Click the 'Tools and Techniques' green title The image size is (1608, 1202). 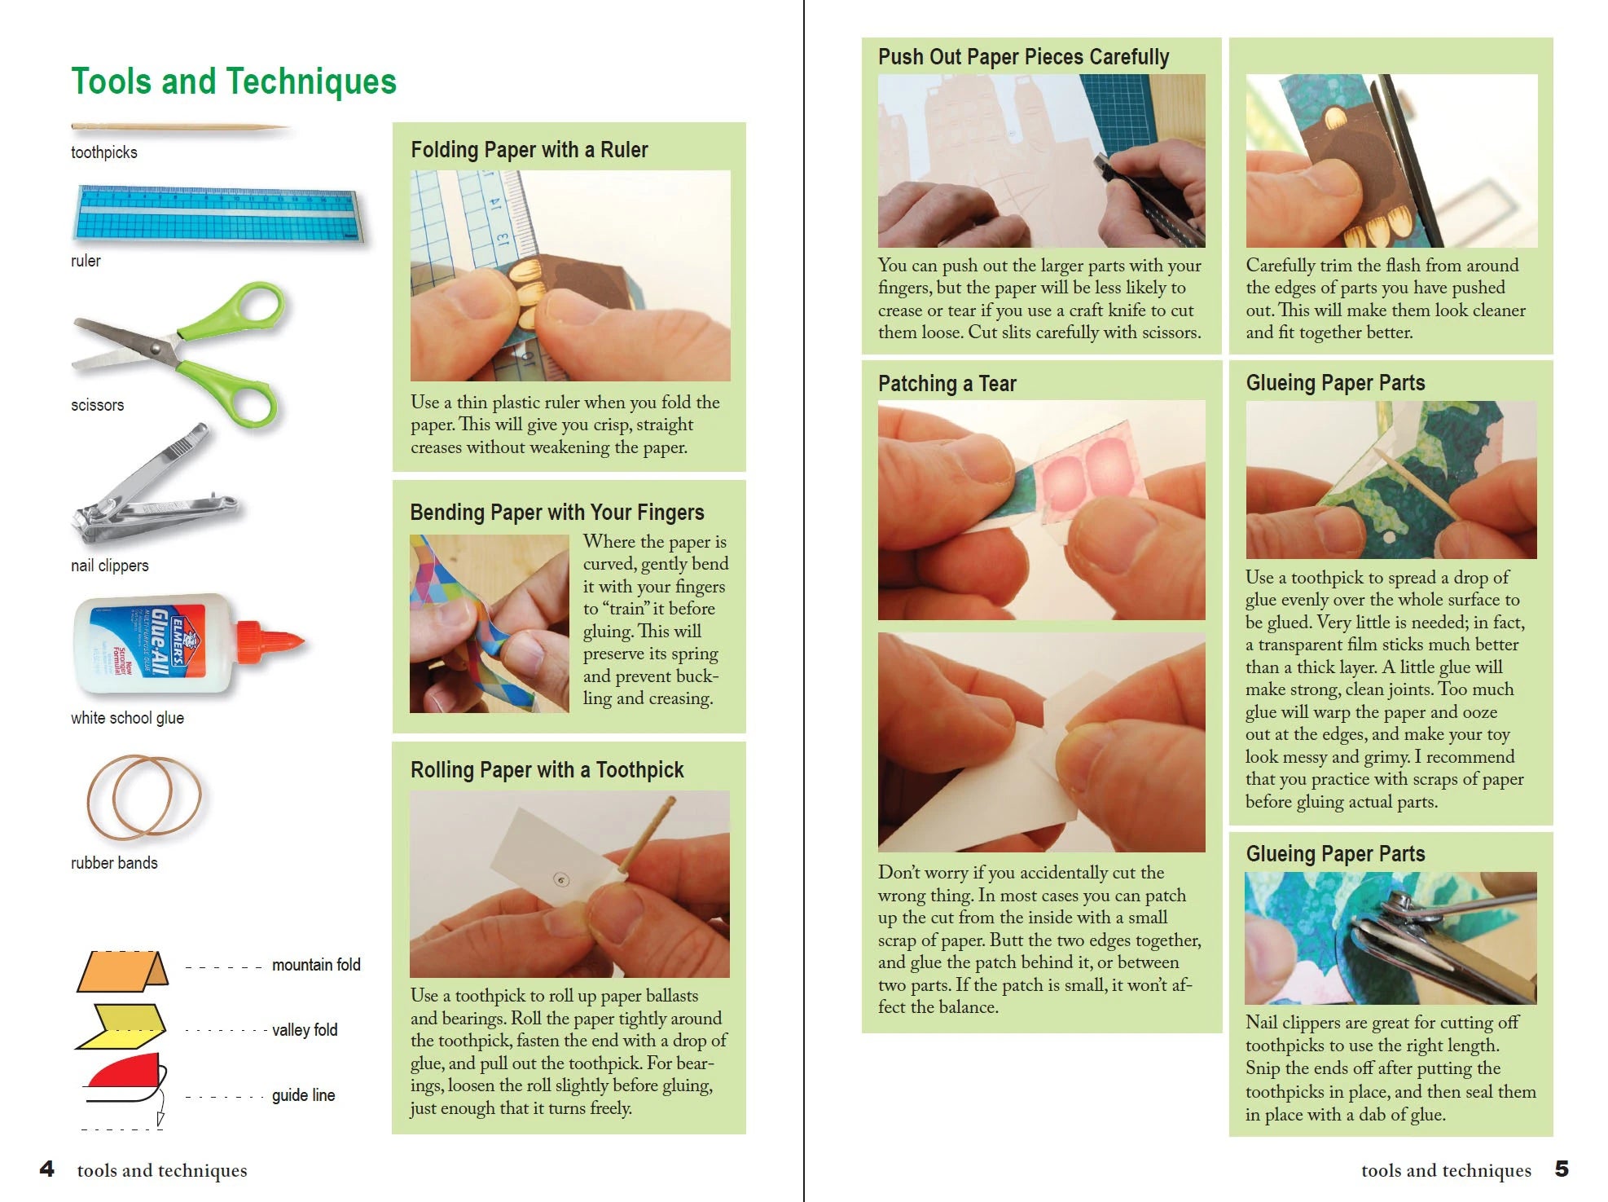[233, 81]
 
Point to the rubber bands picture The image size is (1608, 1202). [144, 796]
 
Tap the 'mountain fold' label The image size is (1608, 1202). [315, 965]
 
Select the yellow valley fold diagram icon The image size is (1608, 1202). [122, 1026]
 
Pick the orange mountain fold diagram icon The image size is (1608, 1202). [122, 971]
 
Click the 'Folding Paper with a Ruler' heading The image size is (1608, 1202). [529, 150]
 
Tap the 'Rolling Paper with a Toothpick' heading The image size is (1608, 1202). [547, 770]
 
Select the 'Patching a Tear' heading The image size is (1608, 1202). [947, 384]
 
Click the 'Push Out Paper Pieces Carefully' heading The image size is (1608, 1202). [1023, 57]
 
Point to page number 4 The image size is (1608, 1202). [47, 1169]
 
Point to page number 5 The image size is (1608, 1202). [1561, 1169]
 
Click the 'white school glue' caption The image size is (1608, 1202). [127, 718]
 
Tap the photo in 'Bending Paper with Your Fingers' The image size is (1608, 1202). [489, 623]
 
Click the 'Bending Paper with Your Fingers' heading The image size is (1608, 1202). [556, 513]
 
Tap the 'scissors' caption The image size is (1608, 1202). [97, 405]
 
